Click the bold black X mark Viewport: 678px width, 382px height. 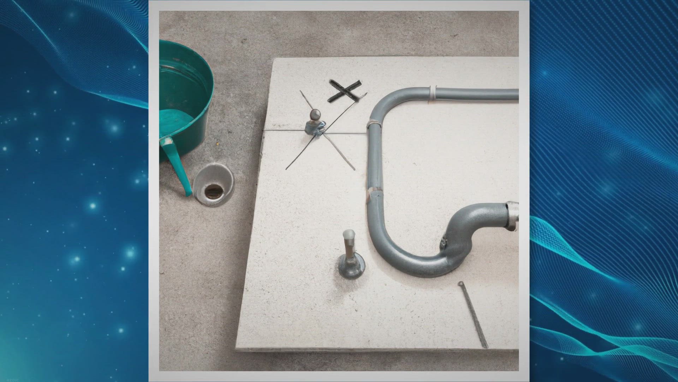point(344,91)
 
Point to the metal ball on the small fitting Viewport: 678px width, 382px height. point(315,115)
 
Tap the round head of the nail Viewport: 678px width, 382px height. point(460,283)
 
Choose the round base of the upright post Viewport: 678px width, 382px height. point(351,268)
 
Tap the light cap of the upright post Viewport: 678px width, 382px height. point(349,234)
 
